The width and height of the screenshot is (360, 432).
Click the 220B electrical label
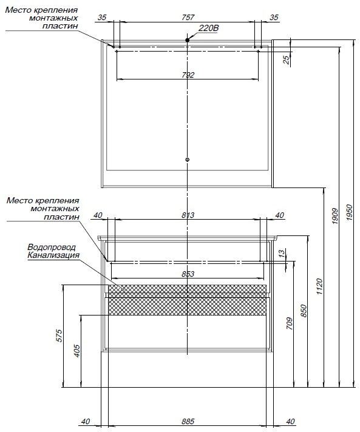click(x=209, y=28)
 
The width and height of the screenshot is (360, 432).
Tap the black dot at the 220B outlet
click(x=188, y=40)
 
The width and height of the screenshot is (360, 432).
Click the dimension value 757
click(x=188, y=18)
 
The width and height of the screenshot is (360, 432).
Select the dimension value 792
click(x=188, y=75)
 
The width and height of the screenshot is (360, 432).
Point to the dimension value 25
click(x=287, y=60)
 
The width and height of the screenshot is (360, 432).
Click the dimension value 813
click(x=188, y=215)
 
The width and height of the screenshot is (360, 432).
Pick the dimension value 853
click(x=188, y=274)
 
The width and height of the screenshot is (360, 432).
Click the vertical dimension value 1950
click(x=349, y=212)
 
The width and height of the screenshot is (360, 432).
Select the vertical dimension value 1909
click(x=335, y=216)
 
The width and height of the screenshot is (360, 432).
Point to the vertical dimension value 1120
click(x=319, y=286)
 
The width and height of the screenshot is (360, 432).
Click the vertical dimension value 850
click(x=304, y=311)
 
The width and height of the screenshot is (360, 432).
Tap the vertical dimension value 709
click(x=289, y=323)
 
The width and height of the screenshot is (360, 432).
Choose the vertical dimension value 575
click(x=59, y=336)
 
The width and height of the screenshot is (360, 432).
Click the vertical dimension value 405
click(x=77, y=351)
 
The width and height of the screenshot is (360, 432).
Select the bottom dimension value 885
click(x=188, y=421)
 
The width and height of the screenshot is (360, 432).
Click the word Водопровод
click(x=52, y=247)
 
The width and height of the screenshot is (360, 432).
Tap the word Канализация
click(x=53, y=255)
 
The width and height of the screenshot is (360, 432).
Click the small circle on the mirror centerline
click(x=188, y=160)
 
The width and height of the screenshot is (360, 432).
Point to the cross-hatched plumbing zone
click(x=187, y=300)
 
